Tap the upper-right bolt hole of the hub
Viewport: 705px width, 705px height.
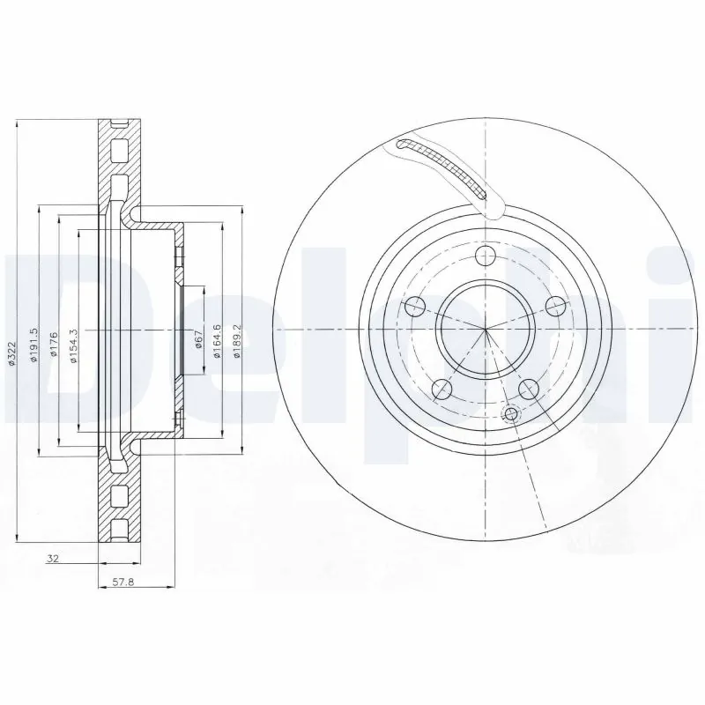[x=553, y=306]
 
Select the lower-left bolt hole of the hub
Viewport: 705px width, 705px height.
[x=442, y=389]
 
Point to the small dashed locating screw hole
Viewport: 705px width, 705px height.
[x=508, y=414]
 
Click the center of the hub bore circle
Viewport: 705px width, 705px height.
[x=485, y=330]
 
